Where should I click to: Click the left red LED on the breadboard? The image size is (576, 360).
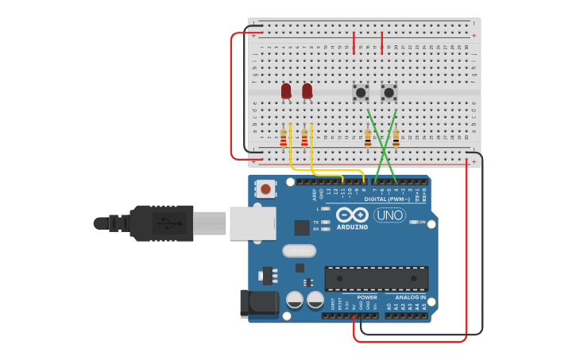(x=286, y=91)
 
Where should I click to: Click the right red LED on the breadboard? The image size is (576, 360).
(x=307, y=91)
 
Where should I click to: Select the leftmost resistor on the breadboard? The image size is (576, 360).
(x=283, y=139)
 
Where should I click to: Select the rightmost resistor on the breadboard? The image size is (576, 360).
(x=396, y=138)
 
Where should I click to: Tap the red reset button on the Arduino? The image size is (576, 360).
(x=265, y=188)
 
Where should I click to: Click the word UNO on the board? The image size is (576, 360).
(x=389, y=215)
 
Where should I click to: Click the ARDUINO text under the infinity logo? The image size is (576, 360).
(x=352, y=227)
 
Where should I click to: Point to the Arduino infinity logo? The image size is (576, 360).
(x=351, y=215)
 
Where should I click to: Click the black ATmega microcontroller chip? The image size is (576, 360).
(x=376, y=278)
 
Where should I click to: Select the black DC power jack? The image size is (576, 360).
(x=259, y=303)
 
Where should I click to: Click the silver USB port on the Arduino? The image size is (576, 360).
(x=253, y=223)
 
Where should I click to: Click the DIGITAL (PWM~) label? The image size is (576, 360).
(x=387, y=199)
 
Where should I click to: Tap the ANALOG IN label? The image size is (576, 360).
(x=411, y=297)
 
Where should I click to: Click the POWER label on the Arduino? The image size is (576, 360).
(x=367, y=297)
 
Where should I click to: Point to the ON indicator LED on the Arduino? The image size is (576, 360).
(x=413, y=223)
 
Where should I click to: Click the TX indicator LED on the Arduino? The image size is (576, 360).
(x=325, y=223)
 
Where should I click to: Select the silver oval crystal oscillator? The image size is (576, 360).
(x=300, y=251)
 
